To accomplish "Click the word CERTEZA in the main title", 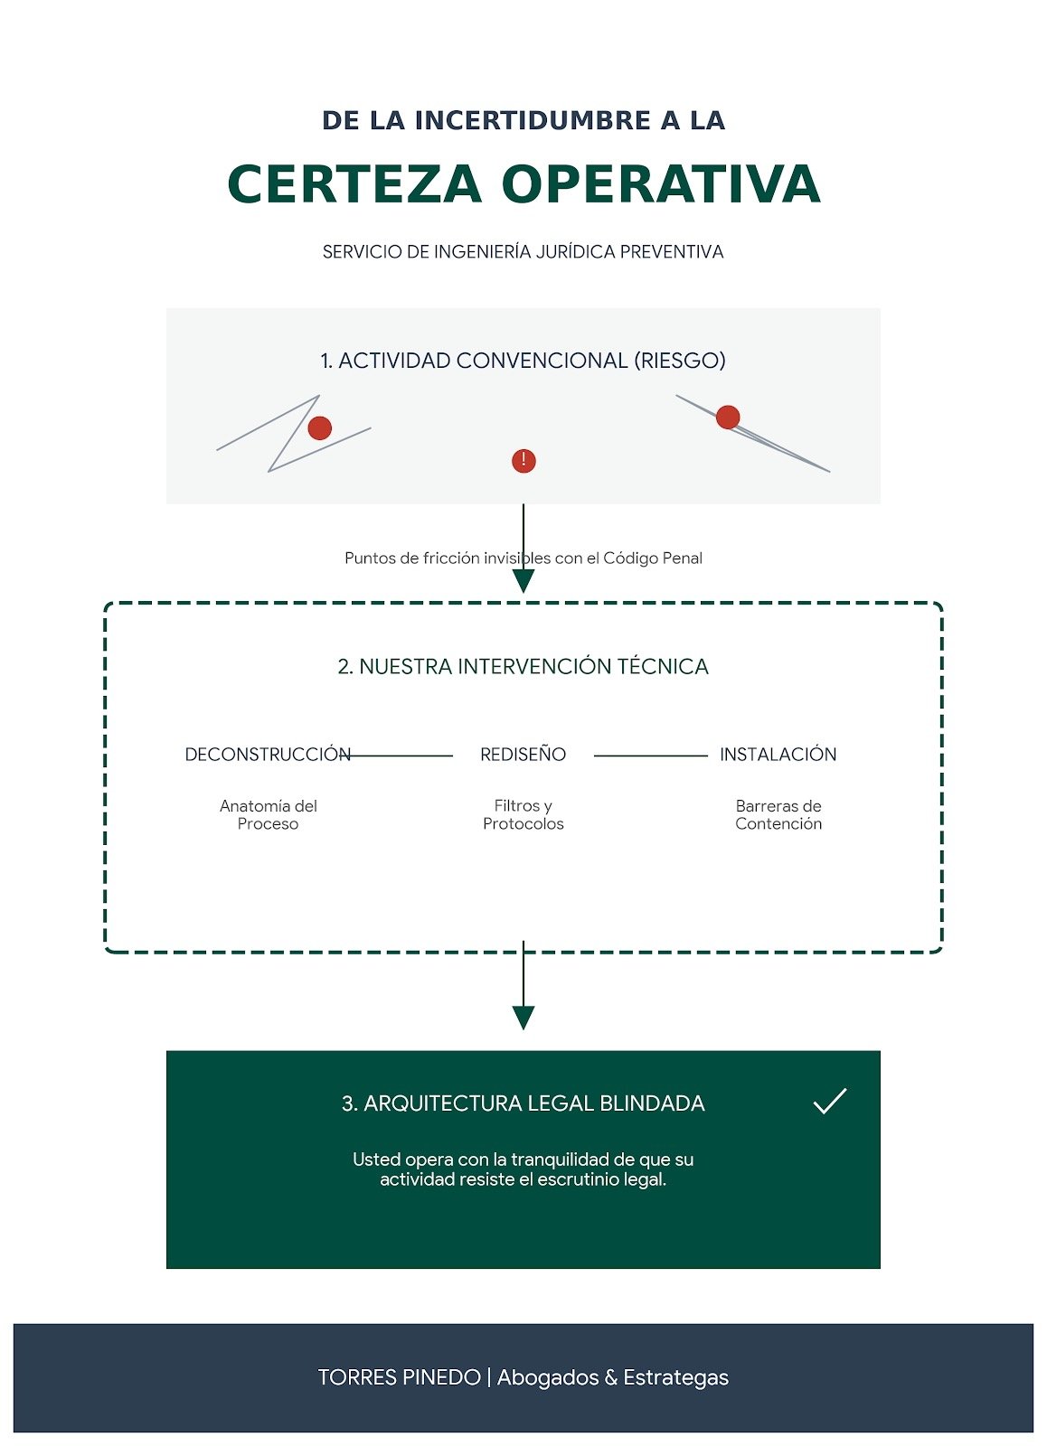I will tap(354, 184).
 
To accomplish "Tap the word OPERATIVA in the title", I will tap(661, 184).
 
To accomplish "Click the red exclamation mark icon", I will tap(523, 461).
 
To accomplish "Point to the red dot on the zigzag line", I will tap(319, 427).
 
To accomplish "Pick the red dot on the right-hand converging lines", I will tap(728, 417).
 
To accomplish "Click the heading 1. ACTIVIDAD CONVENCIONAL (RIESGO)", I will tap(523, 361).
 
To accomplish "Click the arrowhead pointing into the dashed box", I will tap(523, 581).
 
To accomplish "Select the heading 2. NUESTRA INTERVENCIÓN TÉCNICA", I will tap(523, 667).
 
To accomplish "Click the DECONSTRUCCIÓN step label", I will tap(268, 755).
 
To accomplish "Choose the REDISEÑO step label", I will tap(523, 755).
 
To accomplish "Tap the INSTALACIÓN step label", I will tap(778, 755).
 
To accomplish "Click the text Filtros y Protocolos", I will tap(523, 814).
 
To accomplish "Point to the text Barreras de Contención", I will tap(778, 814).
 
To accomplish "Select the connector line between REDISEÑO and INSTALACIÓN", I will tap(650, 756).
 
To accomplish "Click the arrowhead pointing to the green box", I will tap(523, 1018).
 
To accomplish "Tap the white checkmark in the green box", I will tap(829, 1101).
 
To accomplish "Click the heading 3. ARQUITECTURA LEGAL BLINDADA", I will tap(523, 1103).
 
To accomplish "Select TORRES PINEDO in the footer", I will tap(399, 1377).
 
